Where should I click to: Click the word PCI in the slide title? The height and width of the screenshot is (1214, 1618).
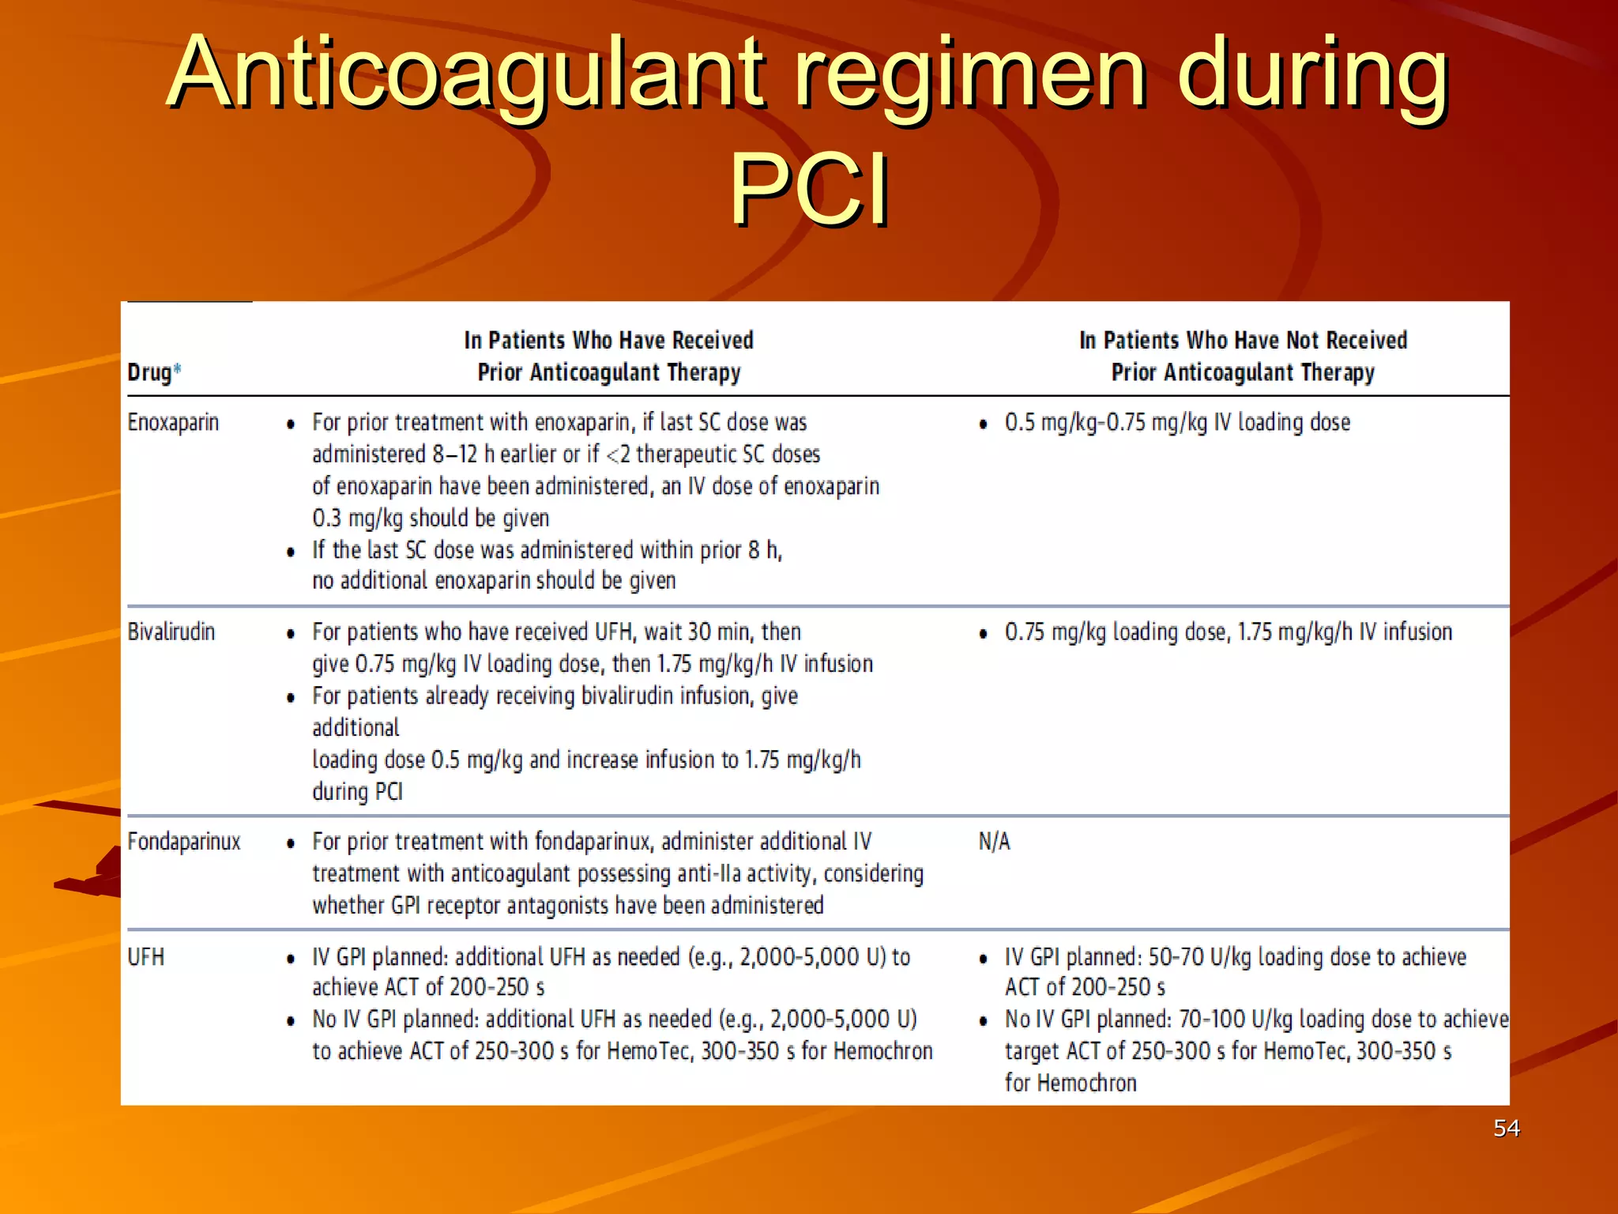[x=809, y=190]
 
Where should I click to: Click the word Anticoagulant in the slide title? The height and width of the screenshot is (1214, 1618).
[x=466, y=73]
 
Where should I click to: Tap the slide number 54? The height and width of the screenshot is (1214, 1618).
[x=1506, y=1128]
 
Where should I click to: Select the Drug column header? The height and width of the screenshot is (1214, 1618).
[x=149, y=371]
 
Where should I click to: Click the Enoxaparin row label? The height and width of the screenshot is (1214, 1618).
[x=173, y=422]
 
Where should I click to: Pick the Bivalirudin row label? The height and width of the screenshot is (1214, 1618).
[x=171, y=632]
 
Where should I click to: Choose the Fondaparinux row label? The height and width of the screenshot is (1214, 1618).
[x=183, y=841]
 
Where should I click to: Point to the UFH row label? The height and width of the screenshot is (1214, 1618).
[x=146, y=957]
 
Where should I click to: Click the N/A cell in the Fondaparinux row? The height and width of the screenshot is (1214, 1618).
[x=994, y=841]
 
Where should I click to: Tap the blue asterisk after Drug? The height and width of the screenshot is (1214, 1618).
[x=178, y=368]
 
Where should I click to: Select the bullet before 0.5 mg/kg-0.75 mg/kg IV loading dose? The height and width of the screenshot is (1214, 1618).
[x=983, y=424]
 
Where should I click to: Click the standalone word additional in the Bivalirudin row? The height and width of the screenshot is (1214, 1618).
[x=356, y=727]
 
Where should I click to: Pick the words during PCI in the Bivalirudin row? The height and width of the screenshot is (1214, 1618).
[x=357, y=791]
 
